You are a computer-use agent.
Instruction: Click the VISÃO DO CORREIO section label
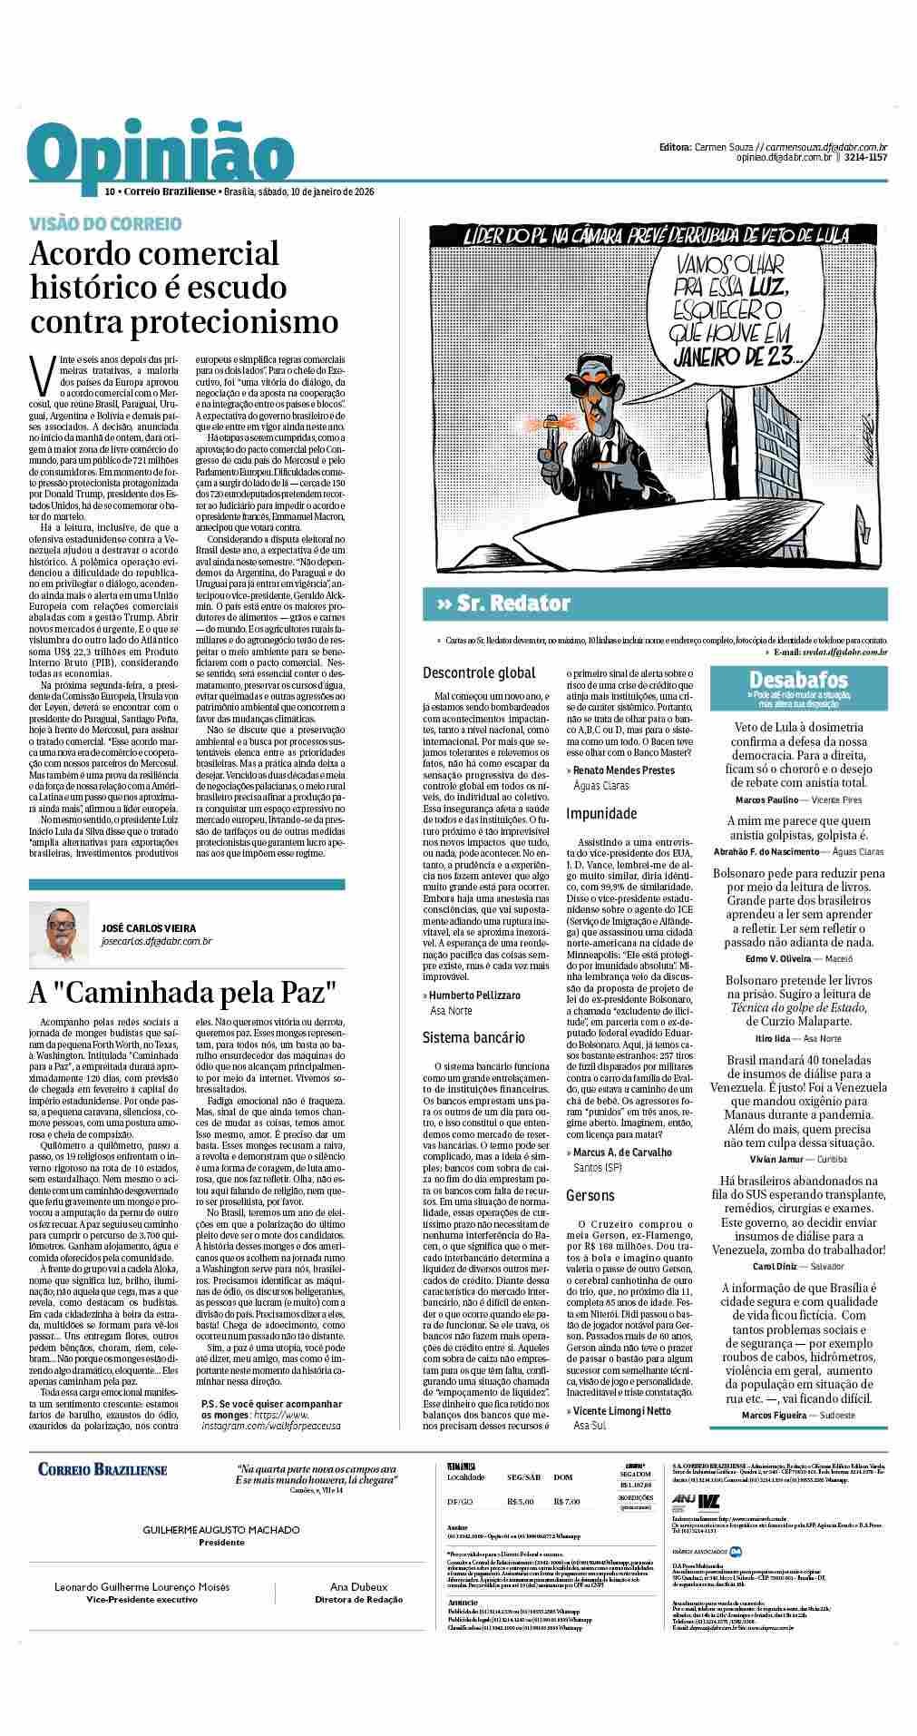click(105, 223)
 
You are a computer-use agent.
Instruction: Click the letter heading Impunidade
click(601, 813)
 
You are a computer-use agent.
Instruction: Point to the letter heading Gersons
click(590, 1195)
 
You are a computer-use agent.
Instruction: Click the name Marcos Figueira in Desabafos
click(769, 1415)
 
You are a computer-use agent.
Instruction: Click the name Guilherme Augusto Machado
click(221, 1529)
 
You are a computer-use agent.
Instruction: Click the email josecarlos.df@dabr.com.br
click(157, 942)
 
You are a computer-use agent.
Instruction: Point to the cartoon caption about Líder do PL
click(656, 235)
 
